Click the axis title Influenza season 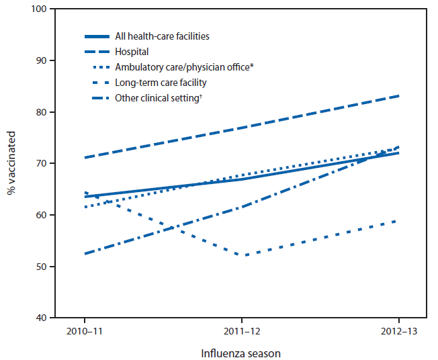coord(242,352)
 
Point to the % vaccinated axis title coord(11,164)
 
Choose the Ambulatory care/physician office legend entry coord(184,67)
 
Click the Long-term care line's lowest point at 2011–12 coord(246,255)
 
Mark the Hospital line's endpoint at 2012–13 coord(399,96)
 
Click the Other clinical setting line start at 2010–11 coord(85,254)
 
